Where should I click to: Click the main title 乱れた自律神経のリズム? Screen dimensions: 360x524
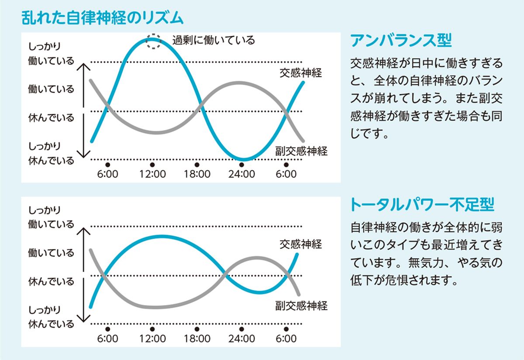coord(103,18)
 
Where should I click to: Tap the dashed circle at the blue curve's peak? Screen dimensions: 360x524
coord(153,41)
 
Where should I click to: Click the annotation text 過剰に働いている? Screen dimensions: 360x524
coord(213,41)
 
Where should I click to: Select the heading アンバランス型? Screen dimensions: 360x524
coord(401,41)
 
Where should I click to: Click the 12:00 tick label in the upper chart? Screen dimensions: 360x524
coord(152,175)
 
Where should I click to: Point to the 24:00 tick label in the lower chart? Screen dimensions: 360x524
coord(241,339)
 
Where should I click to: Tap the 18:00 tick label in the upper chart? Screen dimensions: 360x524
coord(197,175)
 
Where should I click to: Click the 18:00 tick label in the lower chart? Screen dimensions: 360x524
coord(197,339)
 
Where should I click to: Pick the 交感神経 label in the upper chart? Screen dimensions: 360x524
coord(300,73)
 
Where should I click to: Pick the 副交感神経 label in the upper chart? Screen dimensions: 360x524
coord(301,151)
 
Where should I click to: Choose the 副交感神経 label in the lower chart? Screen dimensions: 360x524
coord(301,305)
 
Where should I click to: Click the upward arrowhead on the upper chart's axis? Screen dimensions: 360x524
coord(83,66)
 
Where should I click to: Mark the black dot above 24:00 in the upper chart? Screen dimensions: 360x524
coord(241,165)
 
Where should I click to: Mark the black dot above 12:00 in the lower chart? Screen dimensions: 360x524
coord(152,329)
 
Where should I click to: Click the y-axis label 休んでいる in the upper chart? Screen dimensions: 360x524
coord(51,118)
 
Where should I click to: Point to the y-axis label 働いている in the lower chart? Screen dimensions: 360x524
coord(51,253)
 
